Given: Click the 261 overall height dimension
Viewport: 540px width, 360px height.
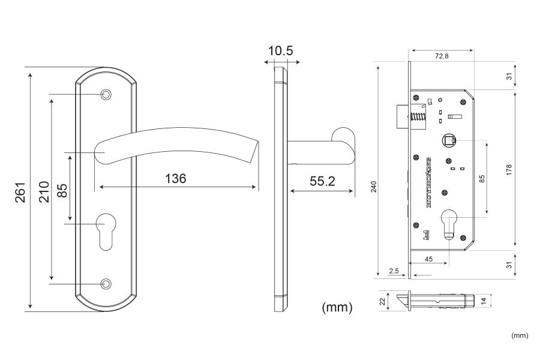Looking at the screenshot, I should [x=19, y=191].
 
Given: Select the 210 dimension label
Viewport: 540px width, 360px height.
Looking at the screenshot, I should [x=44, y=191].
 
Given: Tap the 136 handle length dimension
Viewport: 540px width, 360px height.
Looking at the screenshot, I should [x=175, y=178].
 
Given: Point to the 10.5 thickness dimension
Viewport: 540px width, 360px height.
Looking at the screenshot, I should [x=280, y=51].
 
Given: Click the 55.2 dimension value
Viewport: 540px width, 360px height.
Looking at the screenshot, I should [x=322, y=181].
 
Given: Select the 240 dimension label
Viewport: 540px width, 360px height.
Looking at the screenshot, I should [x=373, y=187].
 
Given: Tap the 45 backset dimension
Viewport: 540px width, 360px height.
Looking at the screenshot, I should [x=428, y=259].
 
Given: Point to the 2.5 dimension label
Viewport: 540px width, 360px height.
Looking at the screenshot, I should [x=394, y=271].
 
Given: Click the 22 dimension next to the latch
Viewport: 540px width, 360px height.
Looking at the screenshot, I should [x=382, y=302].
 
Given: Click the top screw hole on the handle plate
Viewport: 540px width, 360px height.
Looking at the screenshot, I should [x=107, y=94].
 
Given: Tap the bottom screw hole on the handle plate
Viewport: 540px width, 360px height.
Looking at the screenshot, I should [x=107, y=283].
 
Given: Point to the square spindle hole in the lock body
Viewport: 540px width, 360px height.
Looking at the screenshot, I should [x=448, y=140].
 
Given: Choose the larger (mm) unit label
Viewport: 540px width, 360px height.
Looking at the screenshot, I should [x=337, y=307].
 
